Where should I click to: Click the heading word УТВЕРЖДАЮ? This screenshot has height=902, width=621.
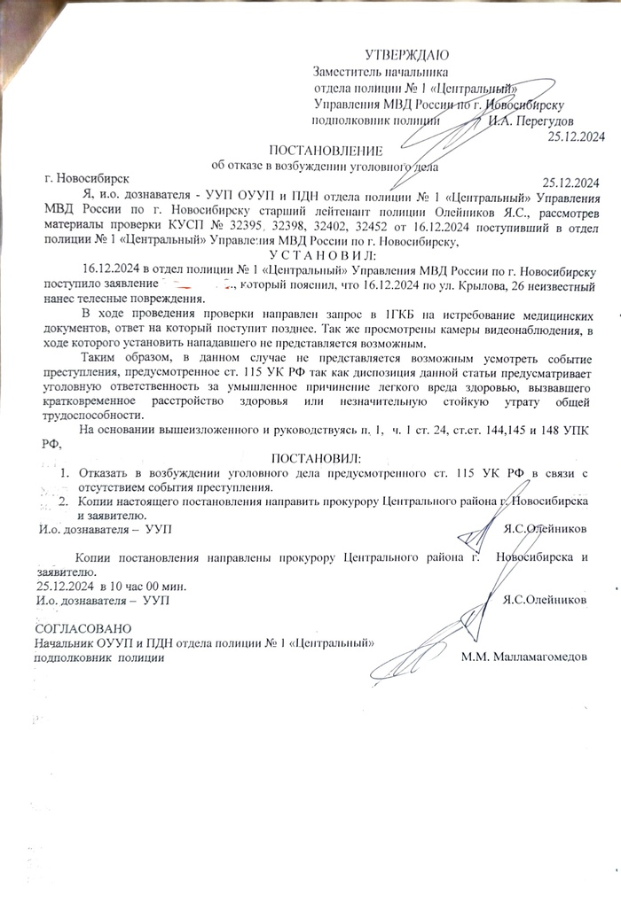coord(407,56)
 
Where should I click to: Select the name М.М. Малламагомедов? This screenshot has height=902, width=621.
coord(524,657)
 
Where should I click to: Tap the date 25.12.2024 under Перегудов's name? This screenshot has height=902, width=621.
coord(576,136)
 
